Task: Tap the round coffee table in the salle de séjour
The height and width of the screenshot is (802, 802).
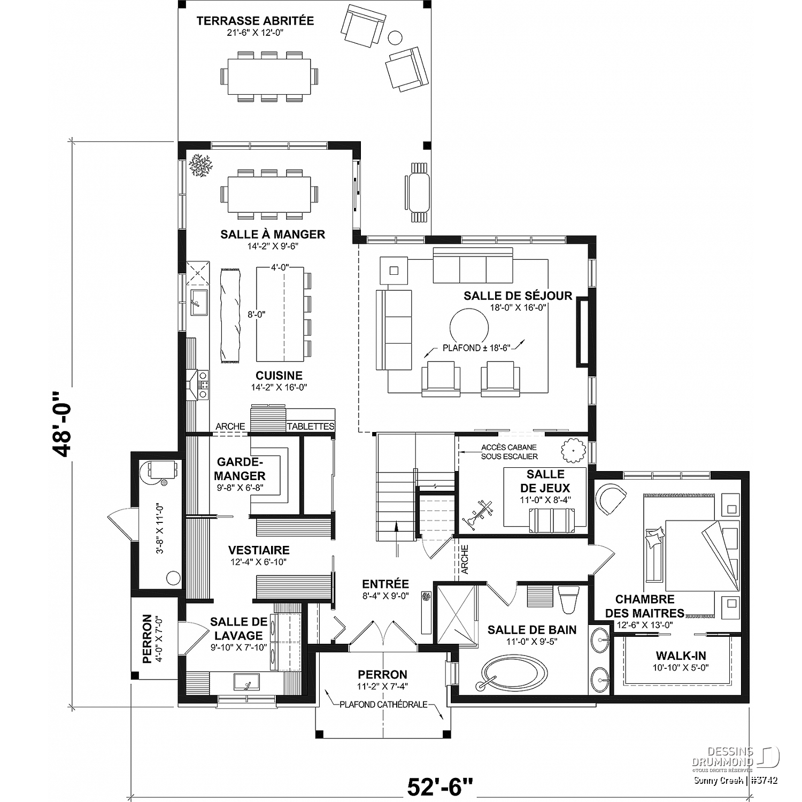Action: pyautogui.click(x=469, y=328)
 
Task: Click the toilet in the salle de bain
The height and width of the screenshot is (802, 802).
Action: pyautogui.click(x=568, y=599)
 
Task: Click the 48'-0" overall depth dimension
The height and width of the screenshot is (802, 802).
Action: pyautogui.click(x=62, y=425)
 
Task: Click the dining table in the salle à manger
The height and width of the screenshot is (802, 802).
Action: pyautogui.click(x=269, y=194)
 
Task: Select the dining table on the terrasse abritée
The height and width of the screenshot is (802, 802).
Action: pyautogui.click(x=269, y=76)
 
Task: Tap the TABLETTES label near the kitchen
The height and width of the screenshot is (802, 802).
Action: pyautogui.click(x=311, y=427)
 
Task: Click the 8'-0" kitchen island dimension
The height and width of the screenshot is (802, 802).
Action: pyautogui.click(x=257, y=315)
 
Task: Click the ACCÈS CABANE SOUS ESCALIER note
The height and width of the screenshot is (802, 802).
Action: pyautogui.click(x=508, y=452)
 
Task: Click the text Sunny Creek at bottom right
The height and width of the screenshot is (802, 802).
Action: pyautogui.click(x=717, y=781)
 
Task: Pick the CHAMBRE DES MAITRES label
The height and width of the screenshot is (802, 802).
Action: pyautogui.click(x=645, y=606)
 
